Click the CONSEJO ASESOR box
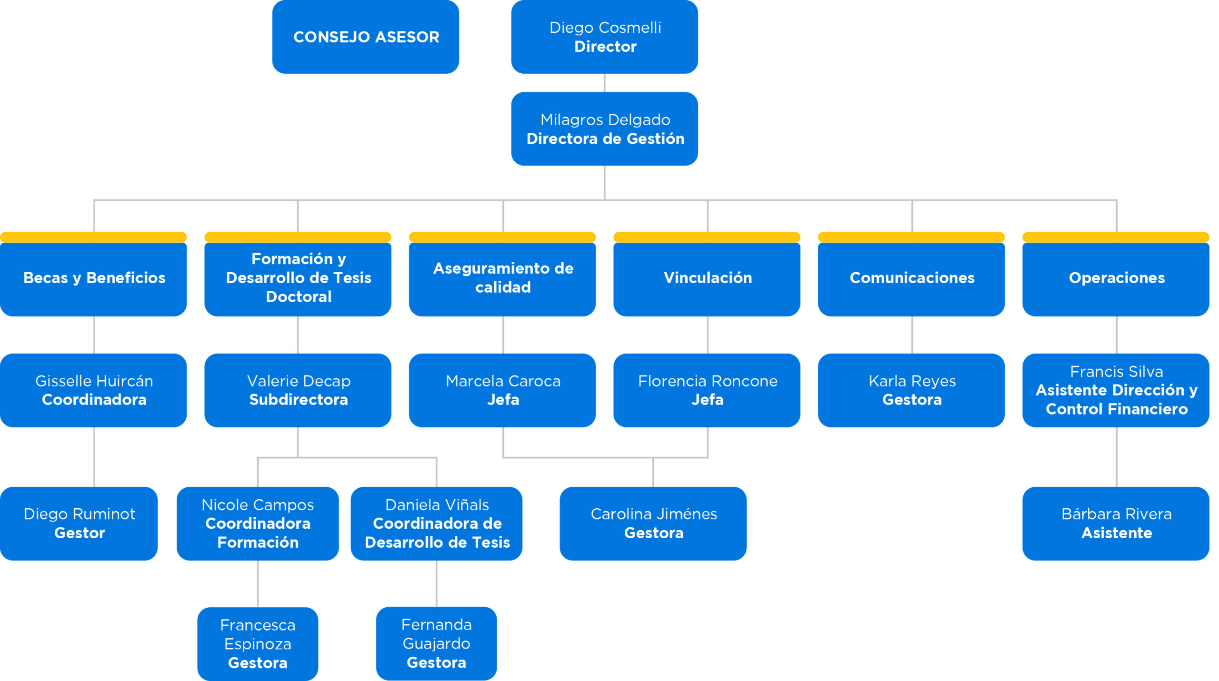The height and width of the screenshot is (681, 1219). coord(365,37)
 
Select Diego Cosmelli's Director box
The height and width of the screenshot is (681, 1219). coord(604,37)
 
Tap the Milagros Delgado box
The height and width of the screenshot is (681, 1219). coord(604,129)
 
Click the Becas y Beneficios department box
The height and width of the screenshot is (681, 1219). coord(94,278)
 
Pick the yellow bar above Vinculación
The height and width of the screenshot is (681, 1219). coord(707,237)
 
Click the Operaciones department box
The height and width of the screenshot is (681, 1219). coord(1116,278)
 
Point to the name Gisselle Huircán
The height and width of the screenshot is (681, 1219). coord(94,381)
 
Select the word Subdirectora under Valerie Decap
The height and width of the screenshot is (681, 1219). coord(299,400)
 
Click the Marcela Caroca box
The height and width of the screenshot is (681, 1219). coord(502,390)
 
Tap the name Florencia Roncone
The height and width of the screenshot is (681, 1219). coord(708,381)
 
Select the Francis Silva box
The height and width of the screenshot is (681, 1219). coord(1116,390)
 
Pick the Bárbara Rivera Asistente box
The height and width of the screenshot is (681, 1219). coord(1116,523)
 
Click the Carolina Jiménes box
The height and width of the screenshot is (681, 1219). coord(653,523)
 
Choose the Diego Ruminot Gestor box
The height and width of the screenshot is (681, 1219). coord(79,523)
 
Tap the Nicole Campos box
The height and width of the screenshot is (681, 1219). coord(258,523)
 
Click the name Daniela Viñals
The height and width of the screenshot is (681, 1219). coord(437,504)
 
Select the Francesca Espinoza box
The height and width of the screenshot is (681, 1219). coord(258,643)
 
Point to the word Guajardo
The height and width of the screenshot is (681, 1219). coord(436,643)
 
